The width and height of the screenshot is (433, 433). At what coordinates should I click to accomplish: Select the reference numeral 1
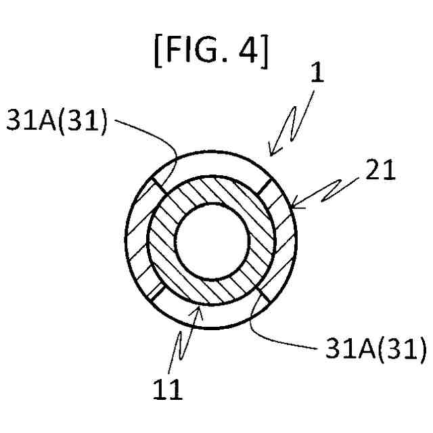coord(317,72)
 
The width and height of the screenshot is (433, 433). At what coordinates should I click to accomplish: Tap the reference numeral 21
coord(380,172)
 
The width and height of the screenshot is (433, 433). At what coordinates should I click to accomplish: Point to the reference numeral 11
coord(167,390)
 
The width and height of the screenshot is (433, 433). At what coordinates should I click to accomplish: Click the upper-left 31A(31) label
coord(56,122)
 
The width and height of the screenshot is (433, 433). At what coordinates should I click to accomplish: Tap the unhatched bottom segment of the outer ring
coord(211,317)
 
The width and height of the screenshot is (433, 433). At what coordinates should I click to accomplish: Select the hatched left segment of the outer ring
coord(137,240)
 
